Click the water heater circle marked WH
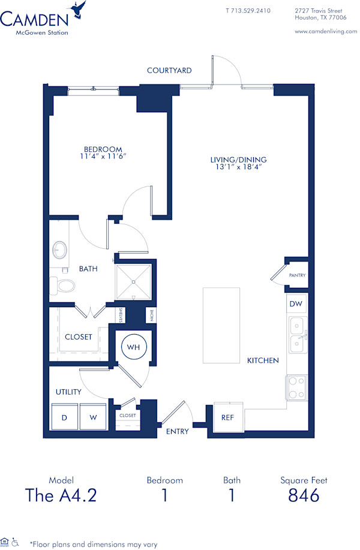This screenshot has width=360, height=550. click(x=133, y=346)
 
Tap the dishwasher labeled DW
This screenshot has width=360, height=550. click(x=296, y=304)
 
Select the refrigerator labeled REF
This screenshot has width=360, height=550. click(x=228, y=417)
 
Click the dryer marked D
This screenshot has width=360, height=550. click(x=64, y=417)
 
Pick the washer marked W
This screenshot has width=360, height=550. click(x=93, y=417)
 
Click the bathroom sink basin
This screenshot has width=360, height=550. click(x=60, y=249)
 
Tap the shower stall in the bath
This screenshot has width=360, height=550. click(x=133, y=281)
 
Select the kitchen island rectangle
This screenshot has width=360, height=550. click(x=221, y=324)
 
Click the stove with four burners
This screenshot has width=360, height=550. click(x=296, y=387)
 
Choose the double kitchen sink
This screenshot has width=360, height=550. click(x=297, y=335)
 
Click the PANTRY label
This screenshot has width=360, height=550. click(x=297, y=275)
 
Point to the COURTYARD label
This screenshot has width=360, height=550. click(x=169, y=70)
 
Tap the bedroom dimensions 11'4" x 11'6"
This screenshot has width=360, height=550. click(x=103, y=157)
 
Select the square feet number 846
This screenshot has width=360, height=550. click(x=304, y=495)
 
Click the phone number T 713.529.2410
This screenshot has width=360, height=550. click(x=248, y=11)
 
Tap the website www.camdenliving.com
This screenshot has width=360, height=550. click(x=326, y=31)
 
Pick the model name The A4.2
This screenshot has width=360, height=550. click(x=61, y=495)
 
